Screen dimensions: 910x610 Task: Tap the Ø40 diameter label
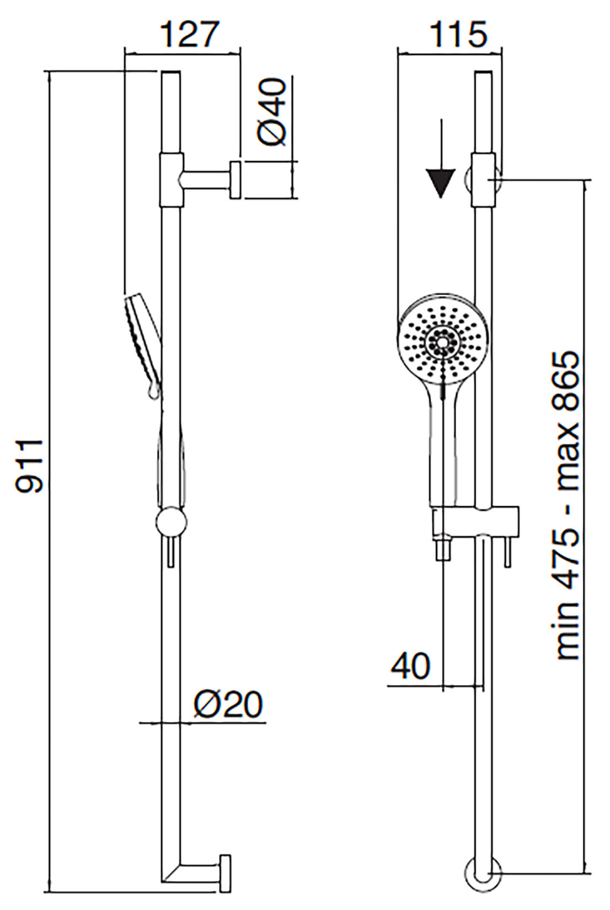click(x=272, y=111)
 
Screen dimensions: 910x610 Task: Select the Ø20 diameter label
click(x=228, y=704)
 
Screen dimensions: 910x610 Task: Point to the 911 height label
click(x=29, y=466)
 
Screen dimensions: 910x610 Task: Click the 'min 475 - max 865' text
click(x=567, y=505)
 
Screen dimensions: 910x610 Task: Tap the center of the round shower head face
click(x=442, y=342)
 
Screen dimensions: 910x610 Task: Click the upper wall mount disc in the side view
click(x=236, y=180)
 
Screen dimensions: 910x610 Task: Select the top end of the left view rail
click(x=171, y=74)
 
